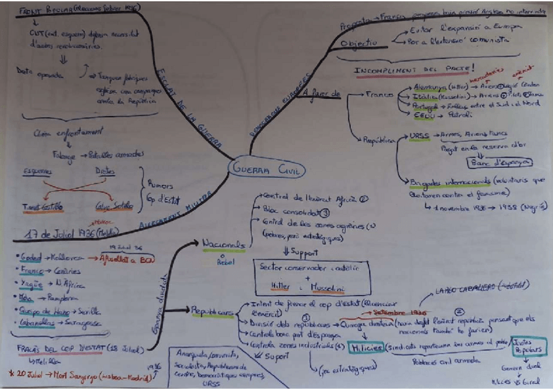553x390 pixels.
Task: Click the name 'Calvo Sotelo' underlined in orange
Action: [x=114, y=206]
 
